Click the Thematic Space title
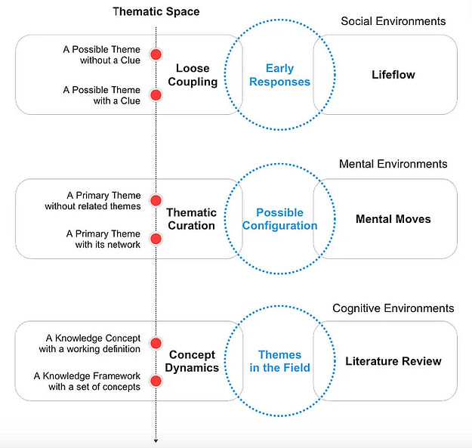pos(156,11)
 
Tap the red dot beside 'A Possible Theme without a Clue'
pos(156,54)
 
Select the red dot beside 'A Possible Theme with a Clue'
pos(156,95)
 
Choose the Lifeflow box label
pos(393,75)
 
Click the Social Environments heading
pos(393,21)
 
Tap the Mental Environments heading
pos(393,164)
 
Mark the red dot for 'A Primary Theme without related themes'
pos(156,199)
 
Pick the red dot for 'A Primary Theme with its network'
pos(156,239)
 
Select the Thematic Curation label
pos(191,219)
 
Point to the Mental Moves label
pos(393,219)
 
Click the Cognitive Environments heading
pos(393,308)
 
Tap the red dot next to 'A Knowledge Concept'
pos(156,343)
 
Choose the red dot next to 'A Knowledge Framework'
pos(156,382)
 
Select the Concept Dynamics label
pos(193,361)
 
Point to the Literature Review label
pos(393,361)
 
